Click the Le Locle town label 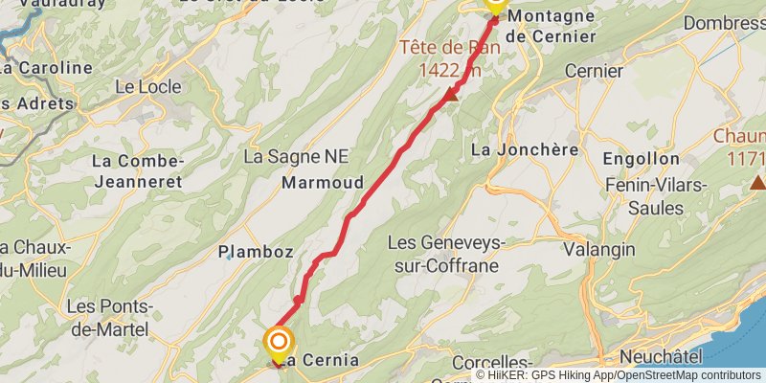[x=147, y=86]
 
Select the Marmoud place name [x=323, y=182]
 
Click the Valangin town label [x=599, y=249]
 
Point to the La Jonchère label [x=525, y=149]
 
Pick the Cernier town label [x=594, y=71]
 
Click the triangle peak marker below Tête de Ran [x=451, y=95]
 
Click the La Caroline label [x=46, y=69]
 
